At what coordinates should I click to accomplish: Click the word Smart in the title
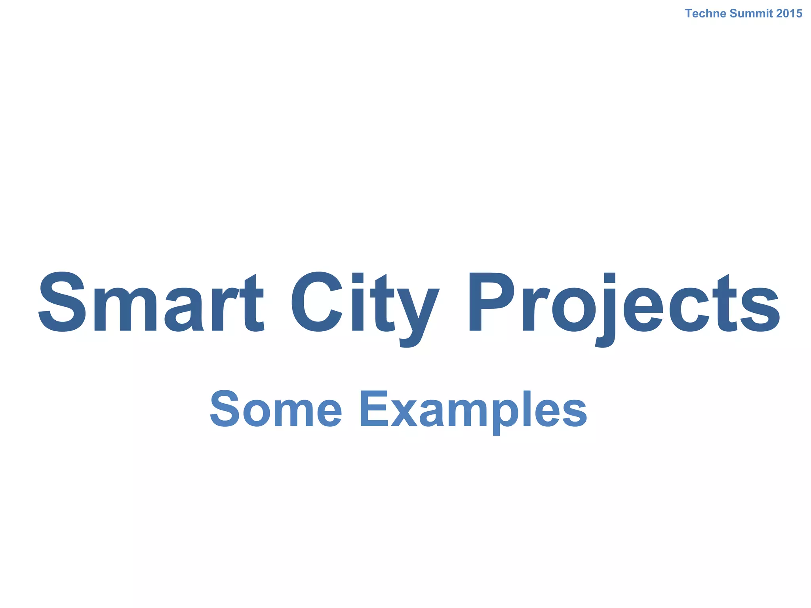151,303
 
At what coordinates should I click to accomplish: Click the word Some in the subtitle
276,409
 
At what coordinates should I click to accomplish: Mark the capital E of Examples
373,409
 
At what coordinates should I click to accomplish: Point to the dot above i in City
358,278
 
